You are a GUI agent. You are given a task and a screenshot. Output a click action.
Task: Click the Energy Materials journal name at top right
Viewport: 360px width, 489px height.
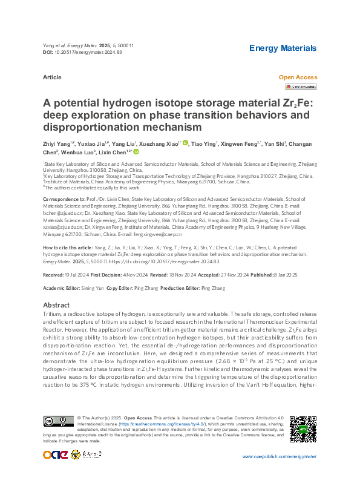coord(283,48)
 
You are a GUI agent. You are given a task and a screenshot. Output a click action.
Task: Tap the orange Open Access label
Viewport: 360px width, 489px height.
coord(297,77)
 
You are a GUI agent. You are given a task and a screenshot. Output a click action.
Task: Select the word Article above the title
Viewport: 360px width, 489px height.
coord(53,77)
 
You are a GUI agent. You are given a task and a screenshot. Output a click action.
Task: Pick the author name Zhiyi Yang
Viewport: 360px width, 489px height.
coord(59,143)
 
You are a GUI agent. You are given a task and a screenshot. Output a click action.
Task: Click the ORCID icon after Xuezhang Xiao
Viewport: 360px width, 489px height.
coord(186,143)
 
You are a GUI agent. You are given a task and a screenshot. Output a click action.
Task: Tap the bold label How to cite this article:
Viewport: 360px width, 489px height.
coord(68,248)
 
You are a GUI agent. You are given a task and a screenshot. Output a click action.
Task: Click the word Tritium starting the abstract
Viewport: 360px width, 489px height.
coord(54,315)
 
